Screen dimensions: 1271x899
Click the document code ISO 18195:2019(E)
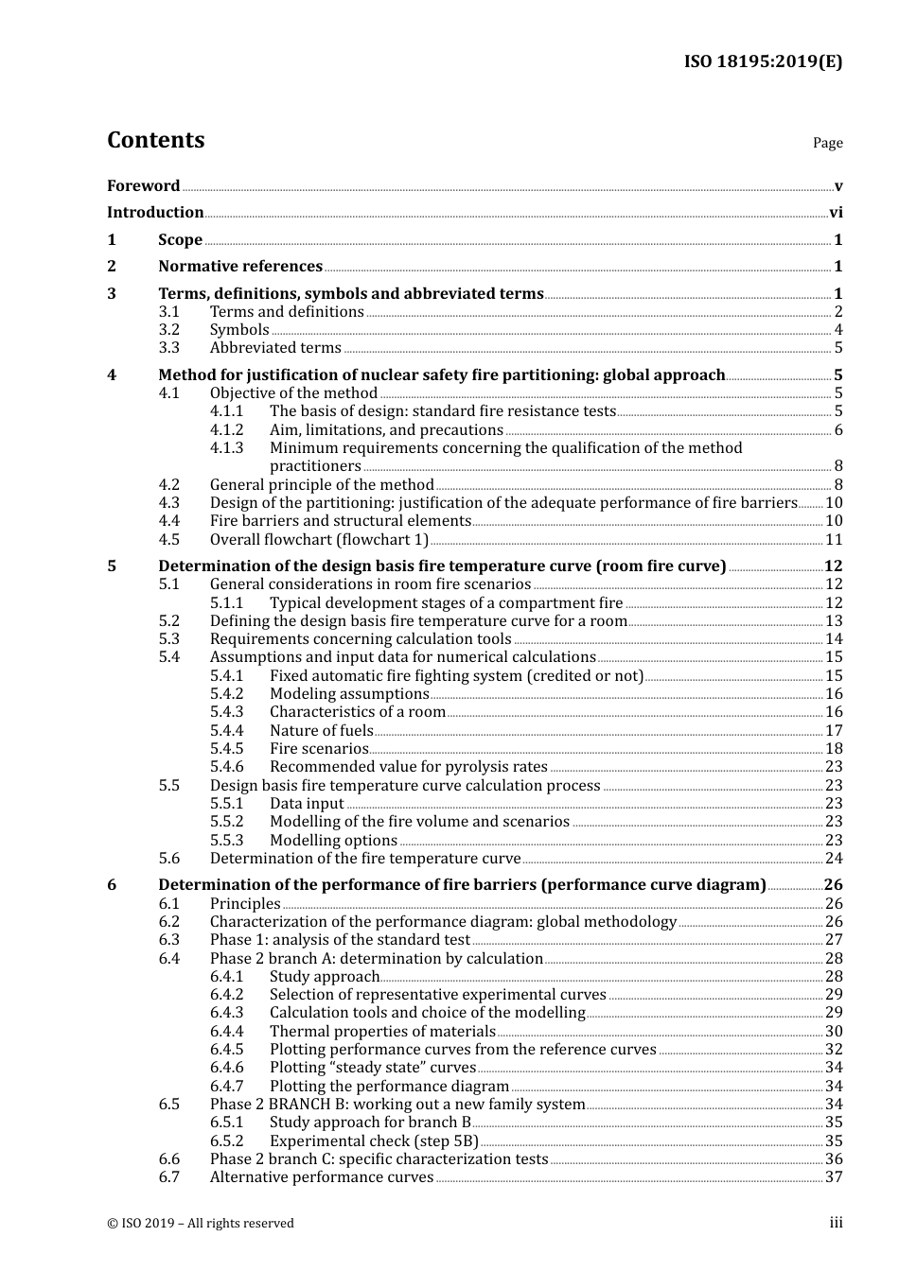coord(763,61)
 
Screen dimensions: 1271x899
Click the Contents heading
coord(155,140)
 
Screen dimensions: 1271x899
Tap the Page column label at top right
coord(827,143)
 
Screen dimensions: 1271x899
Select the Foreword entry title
coord(143,185)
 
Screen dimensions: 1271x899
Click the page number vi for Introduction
coord(836,213)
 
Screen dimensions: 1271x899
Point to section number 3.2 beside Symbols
coord(168,330)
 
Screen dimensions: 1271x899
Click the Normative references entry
coord(240,267)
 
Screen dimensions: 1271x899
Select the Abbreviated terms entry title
coord(275,348)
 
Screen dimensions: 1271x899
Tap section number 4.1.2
coord(226,430)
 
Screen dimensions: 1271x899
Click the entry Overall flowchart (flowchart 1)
coord(319,540)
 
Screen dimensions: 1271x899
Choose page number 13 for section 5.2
coord(834,621)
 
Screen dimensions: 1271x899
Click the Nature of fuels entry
coord(321,731)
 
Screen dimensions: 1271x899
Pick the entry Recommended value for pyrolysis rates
coord(408,767)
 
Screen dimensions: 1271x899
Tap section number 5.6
coord(168,859)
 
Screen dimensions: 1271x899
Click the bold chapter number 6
coord(112,885)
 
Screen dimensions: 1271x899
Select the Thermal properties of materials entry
coord(382,1032)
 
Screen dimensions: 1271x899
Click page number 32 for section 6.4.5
coord(834,1050)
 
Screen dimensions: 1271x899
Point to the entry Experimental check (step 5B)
coord(374,1141)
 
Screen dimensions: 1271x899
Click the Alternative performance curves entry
coord(322,1177)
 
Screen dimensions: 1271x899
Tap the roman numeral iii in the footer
coord(836,1223)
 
